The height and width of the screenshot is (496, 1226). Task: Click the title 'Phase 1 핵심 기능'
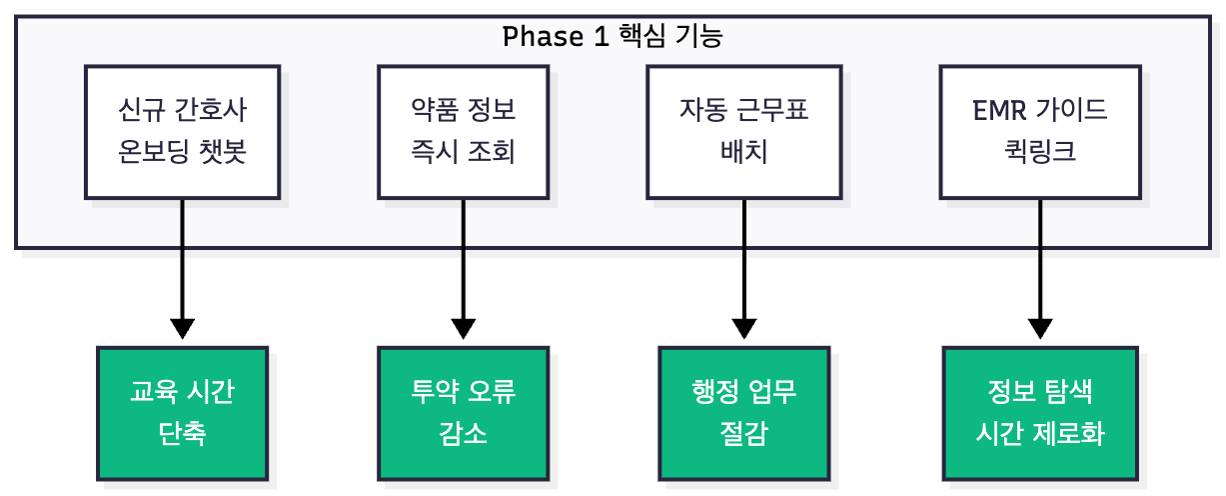point(613,37)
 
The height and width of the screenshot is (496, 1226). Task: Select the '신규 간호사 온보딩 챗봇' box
point(182,132)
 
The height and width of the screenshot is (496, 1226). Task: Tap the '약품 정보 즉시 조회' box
point(463,132)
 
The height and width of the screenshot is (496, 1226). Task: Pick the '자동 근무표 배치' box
point(744,132)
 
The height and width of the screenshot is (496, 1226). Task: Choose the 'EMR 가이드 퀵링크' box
point(1040,132)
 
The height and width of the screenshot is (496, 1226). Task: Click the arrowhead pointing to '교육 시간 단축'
point(182,329)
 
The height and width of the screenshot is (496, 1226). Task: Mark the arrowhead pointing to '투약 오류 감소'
point(463,329)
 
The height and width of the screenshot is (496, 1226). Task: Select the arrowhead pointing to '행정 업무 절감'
point(744,329)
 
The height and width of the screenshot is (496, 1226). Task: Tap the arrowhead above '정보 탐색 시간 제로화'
point(1040,329)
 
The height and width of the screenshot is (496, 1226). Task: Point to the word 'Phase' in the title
point(539,37)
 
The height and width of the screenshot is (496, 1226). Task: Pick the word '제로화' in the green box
point(1074,436)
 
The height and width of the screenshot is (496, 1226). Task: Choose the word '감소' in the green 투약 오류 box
point(463,436)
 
